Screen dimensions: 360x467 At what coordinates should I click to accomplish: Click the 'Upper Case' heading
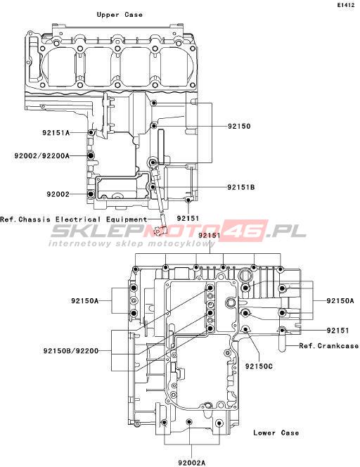tap(120, 15)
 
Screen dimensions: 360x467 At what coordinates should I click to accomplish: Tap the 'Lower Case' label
tap(276, 433)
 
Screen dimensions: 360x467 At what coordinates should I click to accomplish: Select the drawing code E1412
tap(346, 5)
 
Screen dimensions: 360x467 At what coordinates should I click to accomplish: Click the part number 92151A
tap(56, 132)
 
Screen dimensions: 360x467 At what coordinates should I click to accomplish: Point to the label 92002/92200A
tap(42, 155)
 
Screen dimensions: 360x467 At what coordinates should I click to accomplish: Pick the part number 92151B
tap(241, 187)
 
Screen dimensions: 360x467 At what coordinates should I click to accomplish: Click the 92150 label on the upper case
tap(239, 126)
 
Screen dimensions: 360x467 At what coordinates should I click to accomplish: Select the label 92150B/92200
tap(71, 351)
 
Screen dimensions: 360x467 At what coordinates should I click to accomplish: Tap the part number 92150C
tap(259, 366)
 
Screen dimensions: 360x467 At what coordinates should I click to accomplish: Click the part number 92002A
tap(192, 463)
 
